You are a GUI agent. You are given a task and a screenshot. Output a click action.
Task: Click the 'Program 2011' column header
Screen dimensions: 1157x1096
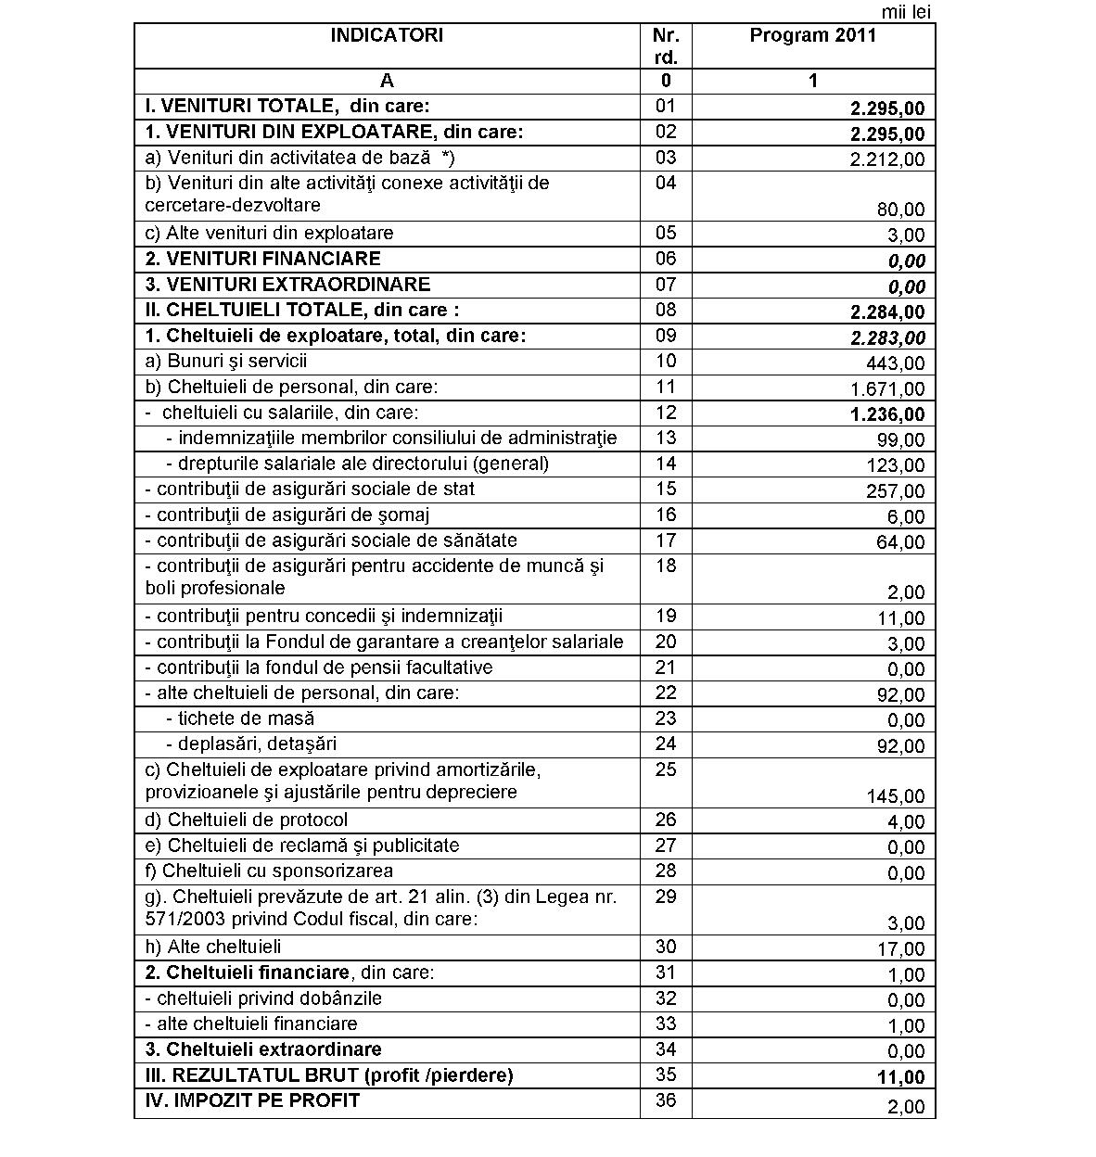point(812,36)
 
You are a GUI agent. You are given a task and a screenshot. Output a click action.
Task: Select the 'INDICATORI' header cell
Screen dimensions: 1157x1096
point(387,36)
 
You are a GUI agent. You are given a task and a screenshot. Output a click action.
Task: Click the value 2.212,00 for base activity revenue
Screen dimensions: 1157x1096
point(887,159)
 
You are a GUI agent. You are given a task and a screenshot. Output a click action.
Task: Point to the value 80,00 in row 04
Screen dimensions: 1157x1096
point(901,210)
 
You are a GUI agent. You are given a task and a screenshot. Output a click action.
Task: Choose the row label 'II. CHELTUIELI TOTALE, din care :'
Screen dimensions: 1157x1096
point(302,311)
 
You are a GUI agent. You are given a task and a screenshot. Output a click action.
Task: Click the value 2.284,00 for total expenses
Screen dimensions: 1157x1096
point(887,312)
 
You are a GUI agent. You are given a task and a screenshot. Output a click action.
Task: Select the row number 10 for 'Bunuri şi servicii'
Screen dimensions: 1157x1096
point(666,362)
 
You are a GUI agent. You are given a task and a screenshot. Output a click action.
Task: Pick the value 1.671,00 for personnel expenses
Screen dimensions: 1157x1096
point(887,389)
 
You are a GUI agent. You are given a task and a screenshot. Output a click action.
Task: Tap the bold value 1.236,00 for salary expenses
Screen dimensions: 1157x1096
point(887,414)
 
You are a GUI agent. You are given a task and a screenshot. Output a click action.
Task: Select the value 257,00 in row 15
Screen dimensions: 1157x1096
point(900,491)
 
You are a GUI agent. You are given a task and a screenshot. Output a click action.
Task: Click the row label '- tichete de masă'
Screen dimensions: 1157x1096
point(240,718)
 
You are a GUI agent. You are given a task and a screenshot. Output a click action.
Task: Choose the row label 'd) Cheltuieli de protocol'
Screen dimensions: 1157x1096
point(247,820)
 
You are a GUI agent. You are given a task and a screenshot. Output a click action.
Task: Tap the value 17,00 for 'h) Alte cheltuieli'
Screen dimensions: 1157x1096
point(904,948)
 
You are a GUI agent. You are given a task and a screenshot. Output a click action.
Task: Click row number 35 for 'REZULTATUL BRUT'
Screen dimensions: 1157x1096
point(666,1075)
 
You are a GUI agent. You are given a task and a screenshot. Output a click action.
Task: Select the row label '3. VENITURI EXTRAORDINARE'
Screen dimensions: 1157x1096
point(288,285)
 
